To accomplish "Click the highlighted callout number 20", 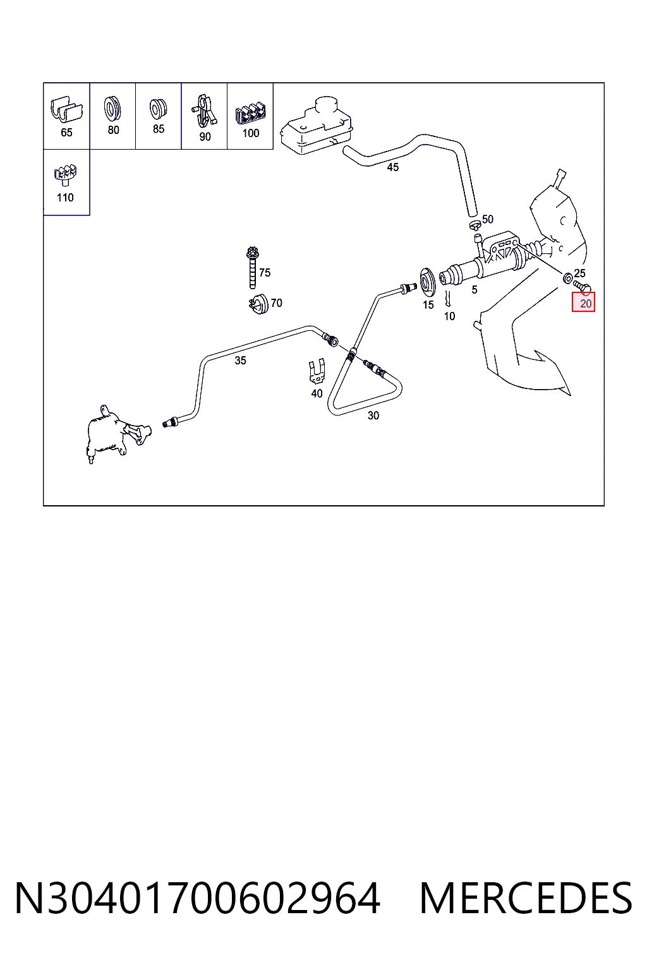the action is (x=585, y=304).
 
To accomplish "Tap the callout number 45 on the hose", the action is (x=392, y=167).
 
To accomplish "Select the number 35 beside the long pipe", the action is (x=241, y=361).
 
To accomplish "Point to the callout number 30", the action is (x=373, y=416).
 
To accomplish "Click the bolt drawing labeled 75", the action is (x=252, y=267).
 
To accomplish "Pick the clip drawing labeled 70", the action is (x=258, y=304).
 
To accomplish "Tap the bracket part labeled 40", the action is (x=317, y=371).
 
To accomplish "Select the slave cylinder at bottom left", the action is (x=117, y=434).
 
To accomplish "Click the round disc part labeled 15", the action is (x=427, y=282).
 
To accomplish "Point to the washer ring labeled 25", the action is (x=567, y=278).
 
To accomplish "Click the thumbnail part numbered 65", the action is (x=66, y=109).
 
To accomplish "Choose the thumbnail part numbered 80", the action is (x=112, y=109).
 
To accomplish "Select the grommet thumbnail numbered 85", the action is (x=158, y=109).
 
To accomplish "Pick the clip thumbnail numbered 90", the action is (x=203, y=111).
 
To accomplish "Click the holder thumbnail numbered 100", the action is (x=250, y=114).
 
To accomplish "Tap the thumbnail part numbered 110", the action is (x=65, y=176).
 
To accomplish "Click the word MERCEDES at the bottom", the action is (x=526, y=899).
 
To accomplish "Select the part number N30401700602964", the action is (x=198, y=899).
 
